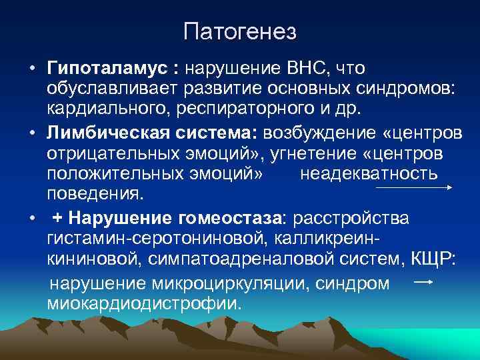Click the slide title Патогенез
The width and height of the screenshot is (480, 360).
tap(240, 31)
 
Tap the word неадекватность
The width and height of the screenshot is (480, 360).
tap(369, 174)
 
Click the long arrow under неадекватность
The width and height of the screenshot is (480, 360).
tap(414, 188)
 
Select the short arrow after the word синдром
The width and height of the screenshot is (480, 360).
tap(424, 283)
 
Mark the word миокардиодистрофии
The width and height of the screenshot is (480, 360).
tap(143, 303)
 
